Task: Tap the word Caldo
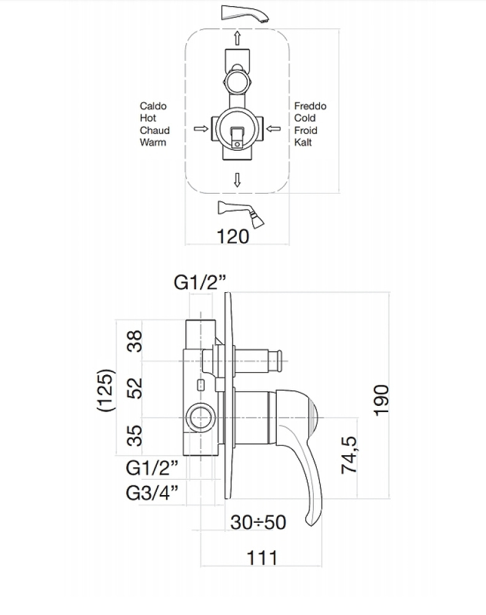[x=153, y=106]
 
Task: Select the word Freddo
[x=310, y=106]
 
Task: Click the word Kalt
[x=303, y=142]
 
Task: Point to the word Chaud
[x=154, y=130]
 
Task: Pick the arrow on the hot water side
[x=200, y=129]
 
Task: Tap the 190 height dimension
[x=381, y=399]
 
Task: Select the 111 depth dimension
[x=262, y=558]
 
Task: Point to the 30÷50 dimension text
[x=258, y=522]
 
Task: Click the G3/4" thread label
[x=152, y=493]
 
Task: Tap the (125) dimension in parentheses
[x=107, y=389]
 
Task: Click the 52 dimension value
[x=136, y=387]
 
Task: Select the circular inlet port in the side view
[x=201, y=419]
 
